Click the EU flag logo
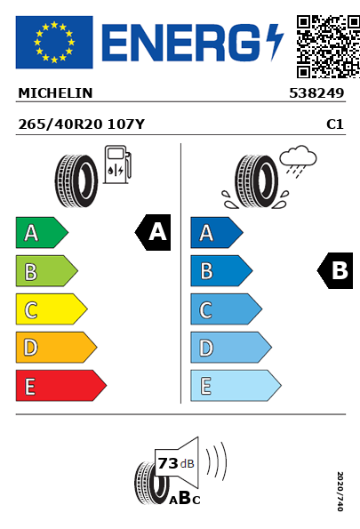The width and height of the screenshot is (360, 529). (54, 42)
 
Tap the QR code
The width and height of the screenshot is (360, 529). (328, 46)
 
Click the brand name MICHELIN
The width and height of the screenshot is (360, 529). (55, 93)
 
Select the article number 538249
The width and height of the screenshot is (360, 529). (316, 93)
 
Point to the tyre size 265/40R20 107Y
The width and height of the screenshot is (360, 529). (81, 124)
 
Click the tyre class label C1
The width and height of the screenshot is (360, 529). (335, 124)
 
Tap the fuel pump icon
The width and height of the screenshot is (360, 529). (117, 164)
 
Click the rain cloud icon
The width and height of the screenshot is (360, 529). (298, 161)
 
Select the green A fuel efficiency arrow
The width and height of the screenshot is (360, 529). (42, 232)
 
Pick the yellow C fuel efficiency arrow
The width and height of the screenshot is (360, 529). (52, 309)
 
